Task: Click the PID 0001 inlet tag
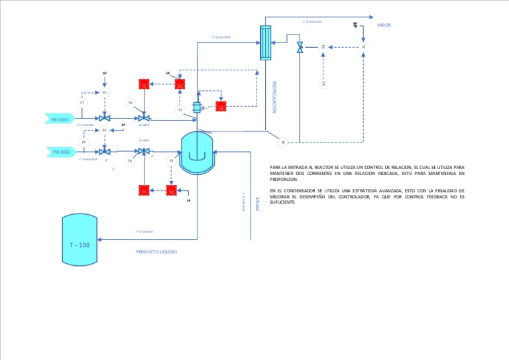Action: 60,119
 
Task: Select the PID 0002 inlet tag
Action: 61,152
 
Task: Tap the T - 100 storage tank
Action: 80,240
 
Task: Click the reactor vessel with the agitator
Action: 198,152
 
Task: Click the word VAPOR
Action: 384,25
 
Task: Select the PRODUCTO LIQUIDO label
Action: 156,252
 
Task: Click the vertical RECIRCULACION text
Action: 274,97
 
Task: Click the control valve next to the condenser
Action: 300,47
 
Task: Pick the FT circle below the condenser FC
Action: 323,84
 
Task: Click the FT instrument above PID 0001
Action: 83,103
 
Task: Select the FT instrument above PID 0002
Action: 84,142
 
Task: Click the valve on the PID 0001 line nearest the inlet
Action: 108,119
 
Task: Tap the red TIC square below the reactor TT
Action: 170,191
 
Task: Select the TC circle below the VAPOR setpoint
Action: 363,46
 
